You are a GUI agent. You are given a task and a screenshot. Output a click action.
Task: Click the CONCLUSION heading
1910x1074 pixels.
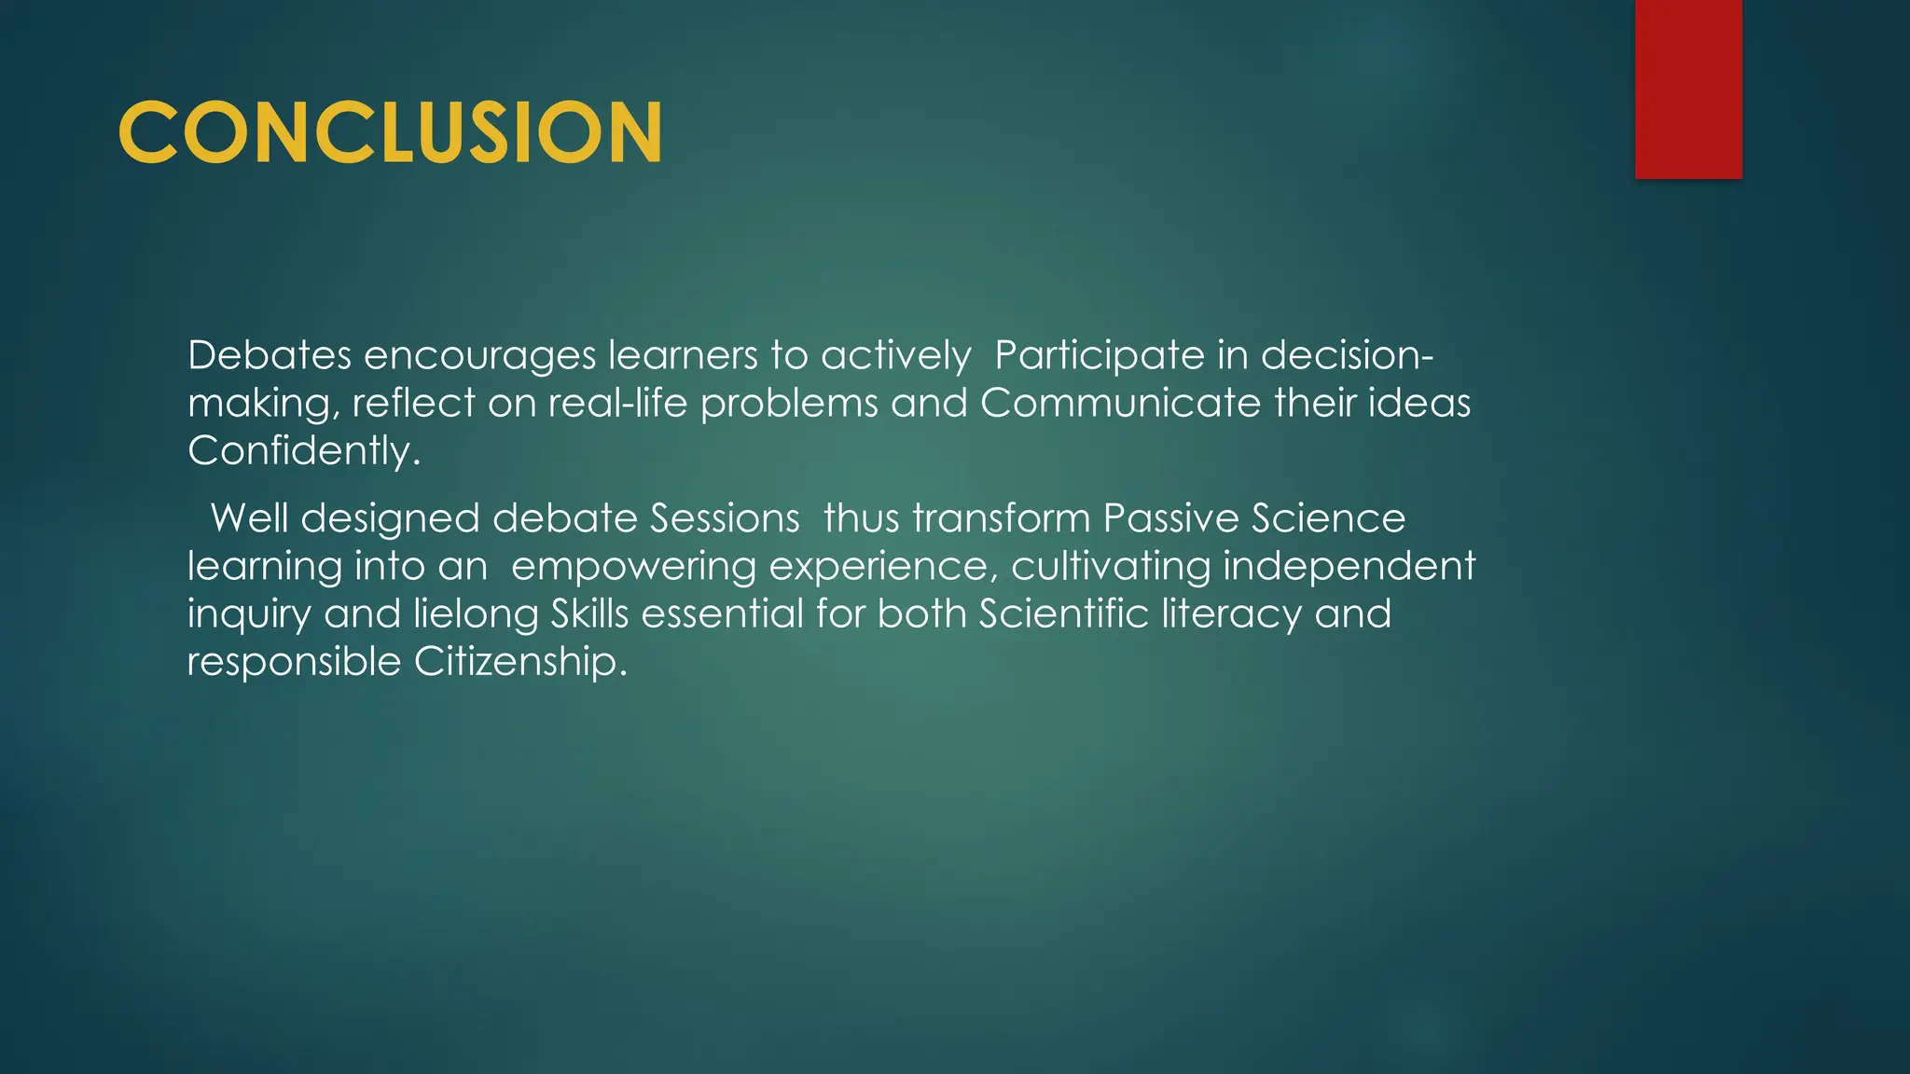pyautogui.click(x=390, y=132)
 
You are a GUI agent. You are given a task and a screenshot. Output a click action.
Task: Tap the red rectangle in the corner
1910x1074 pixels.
pyautogui.click(x=1688, y=89)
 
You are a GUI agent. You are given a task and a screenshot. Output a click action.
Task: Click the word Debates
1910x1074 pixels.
pyautogui.click(x=270, y=355)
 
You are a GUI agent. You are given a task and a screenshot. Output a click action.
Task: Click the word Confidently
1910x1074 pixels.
pyautogui.click(x=303, y=451)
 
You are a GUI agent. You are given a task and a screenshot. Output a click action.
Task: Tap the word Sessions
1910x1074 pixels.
pyautogui.click(x=725, y=518)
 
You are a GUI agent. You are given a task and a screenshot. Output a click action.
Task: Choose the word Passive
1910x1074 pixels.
pyautogui.click(x=1170, y=518)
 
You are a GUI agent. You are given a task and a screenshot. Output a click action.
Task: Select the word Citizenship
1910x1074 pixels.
pyautogui.click(x=520, y=663)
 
